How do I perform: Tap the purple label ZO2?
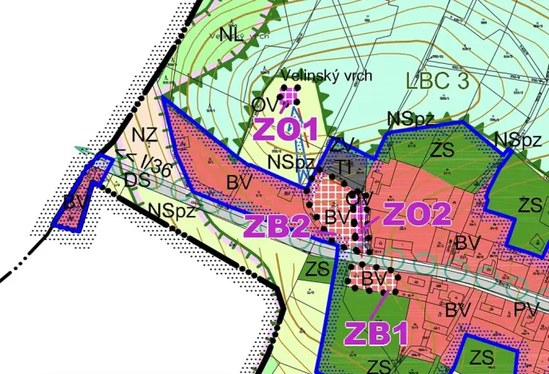click(417, 213)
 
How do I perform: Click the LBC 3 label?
click(440, 80)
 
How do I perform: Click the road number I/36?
click(155, 165)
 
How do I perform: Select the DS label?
click(137, 181)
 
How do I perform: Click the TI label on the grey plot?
click(343, 165)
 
